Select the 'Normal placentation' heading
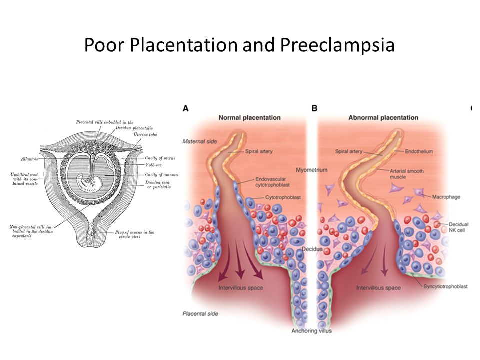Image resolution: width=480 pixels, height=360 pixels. pyautogui.click(x=249, y=118)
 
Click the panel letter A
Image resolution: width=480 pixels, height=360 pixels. pyautogui.click(x=186, y=108)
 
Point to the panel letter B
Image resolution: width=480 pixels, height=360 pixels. pyautogui.click(x=314, y=108)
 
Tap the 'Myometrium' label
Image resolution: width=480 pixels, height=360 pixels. pyautogui.click(x=311, y=170)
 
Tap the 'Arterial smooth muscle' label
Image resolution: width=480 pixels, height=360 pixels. pyautogui.click(x=407, y=174)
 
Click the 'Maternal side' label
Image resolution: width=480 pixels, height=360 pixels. pyautogui.click(x=200, y=142)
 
